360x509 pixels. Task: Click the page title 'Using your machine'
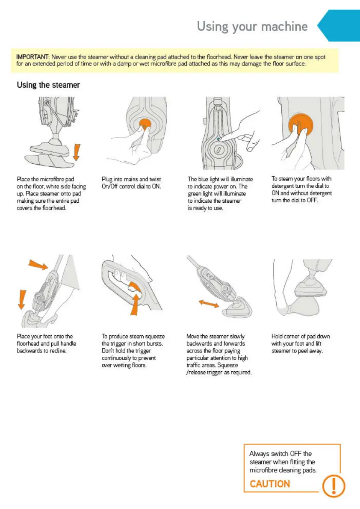(x=252, y=26)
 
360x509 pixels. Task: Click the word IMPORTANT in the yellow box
(x=32, y=57)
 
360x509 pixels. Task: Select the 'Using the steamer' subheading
(x=48, y=85)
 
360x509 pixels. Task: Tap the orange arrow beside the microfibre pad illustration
(x=76, y=152)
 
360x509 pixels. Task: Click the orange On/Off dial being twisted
(x=145, y=124)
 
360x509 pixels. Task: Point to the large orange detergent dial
(x=301, y=124)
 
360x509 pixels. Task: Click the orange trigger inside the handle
(x=135, y=287)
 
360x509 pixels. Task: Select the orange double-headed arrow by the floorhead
(x=209, y=304)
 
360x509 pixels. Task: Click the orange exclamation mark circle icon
(x=333, y=485)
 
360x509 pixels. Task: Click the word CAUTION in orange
(x=270, y=484)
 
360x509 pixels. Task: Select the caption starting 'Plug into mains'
(x=131, y=183)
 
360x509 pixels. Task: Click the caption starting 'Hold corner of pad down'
(x=301, y=343)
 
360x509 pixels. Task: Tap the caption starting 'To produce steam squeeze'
(x=133, y=351)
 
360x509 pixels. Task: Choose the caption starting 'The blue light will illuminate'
(x=220, y=193)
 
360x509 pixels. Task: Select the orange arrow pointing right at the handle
(x=38, y=265)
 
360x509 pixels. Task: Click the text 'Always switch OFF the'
(x=280, y=453)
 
